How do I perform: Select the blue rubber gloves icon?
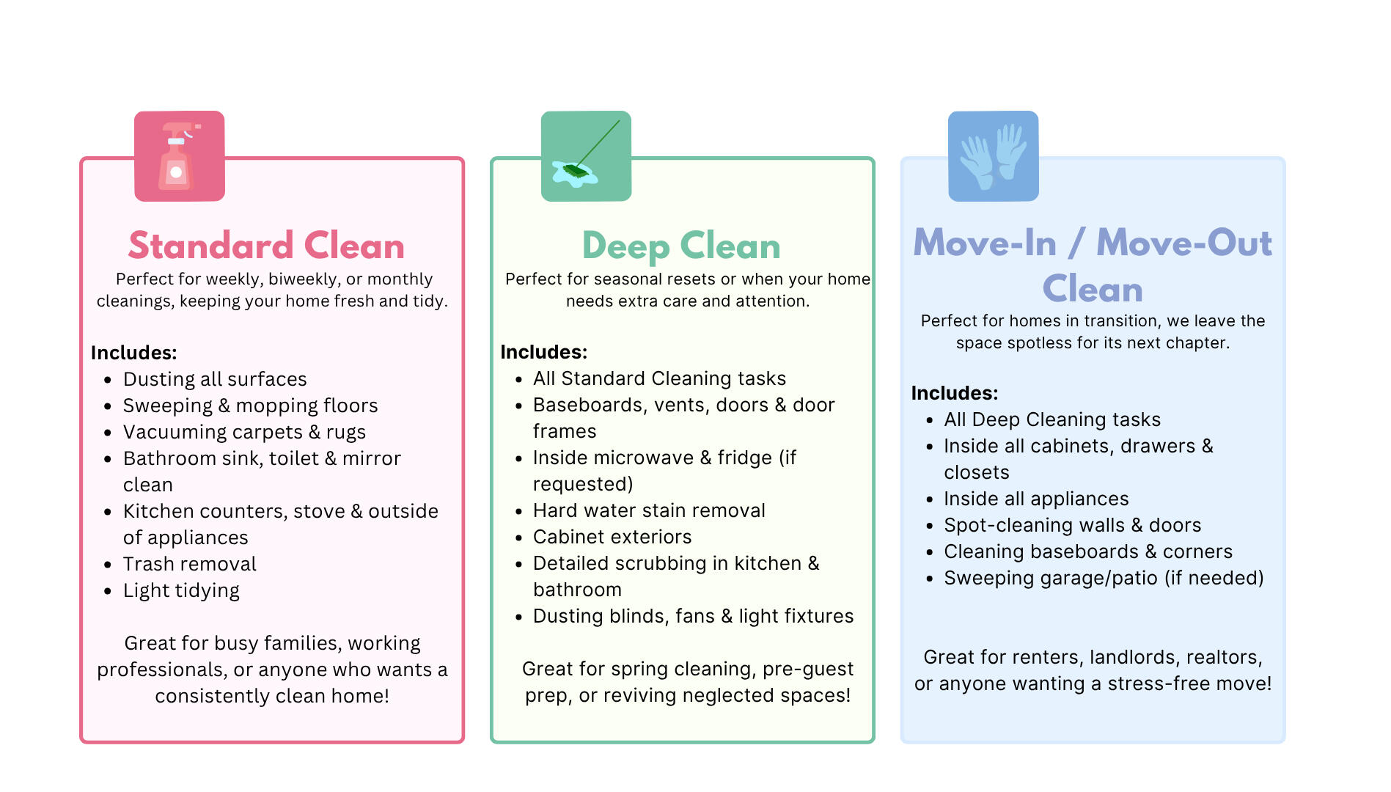point(993,155)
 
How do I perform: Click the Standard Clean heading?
point(266,246)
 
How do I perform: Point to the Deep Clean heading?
point(681,246)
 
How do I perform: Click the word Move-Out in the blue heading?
point(1184,243)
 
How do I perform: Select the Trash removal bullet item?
point(190,564)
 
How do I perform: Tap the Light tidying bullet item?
point(181,591)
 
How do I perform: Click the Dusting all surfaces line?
point(215,379)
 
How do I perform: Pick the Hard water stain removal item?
point(649,510)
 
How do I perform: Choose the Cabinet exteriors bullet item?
point(612,537)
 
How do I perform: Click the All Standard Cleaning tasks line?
point(659,378)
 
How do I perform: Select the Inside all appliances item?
point(1036,499)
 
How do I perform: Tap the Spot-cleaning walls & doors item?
point(1073,525)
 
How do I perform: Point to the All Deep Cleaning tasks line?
point(1052,419)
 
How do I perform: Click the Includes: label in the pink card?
point(134,353)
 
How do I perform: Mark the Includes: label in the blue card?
point(955,393)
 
